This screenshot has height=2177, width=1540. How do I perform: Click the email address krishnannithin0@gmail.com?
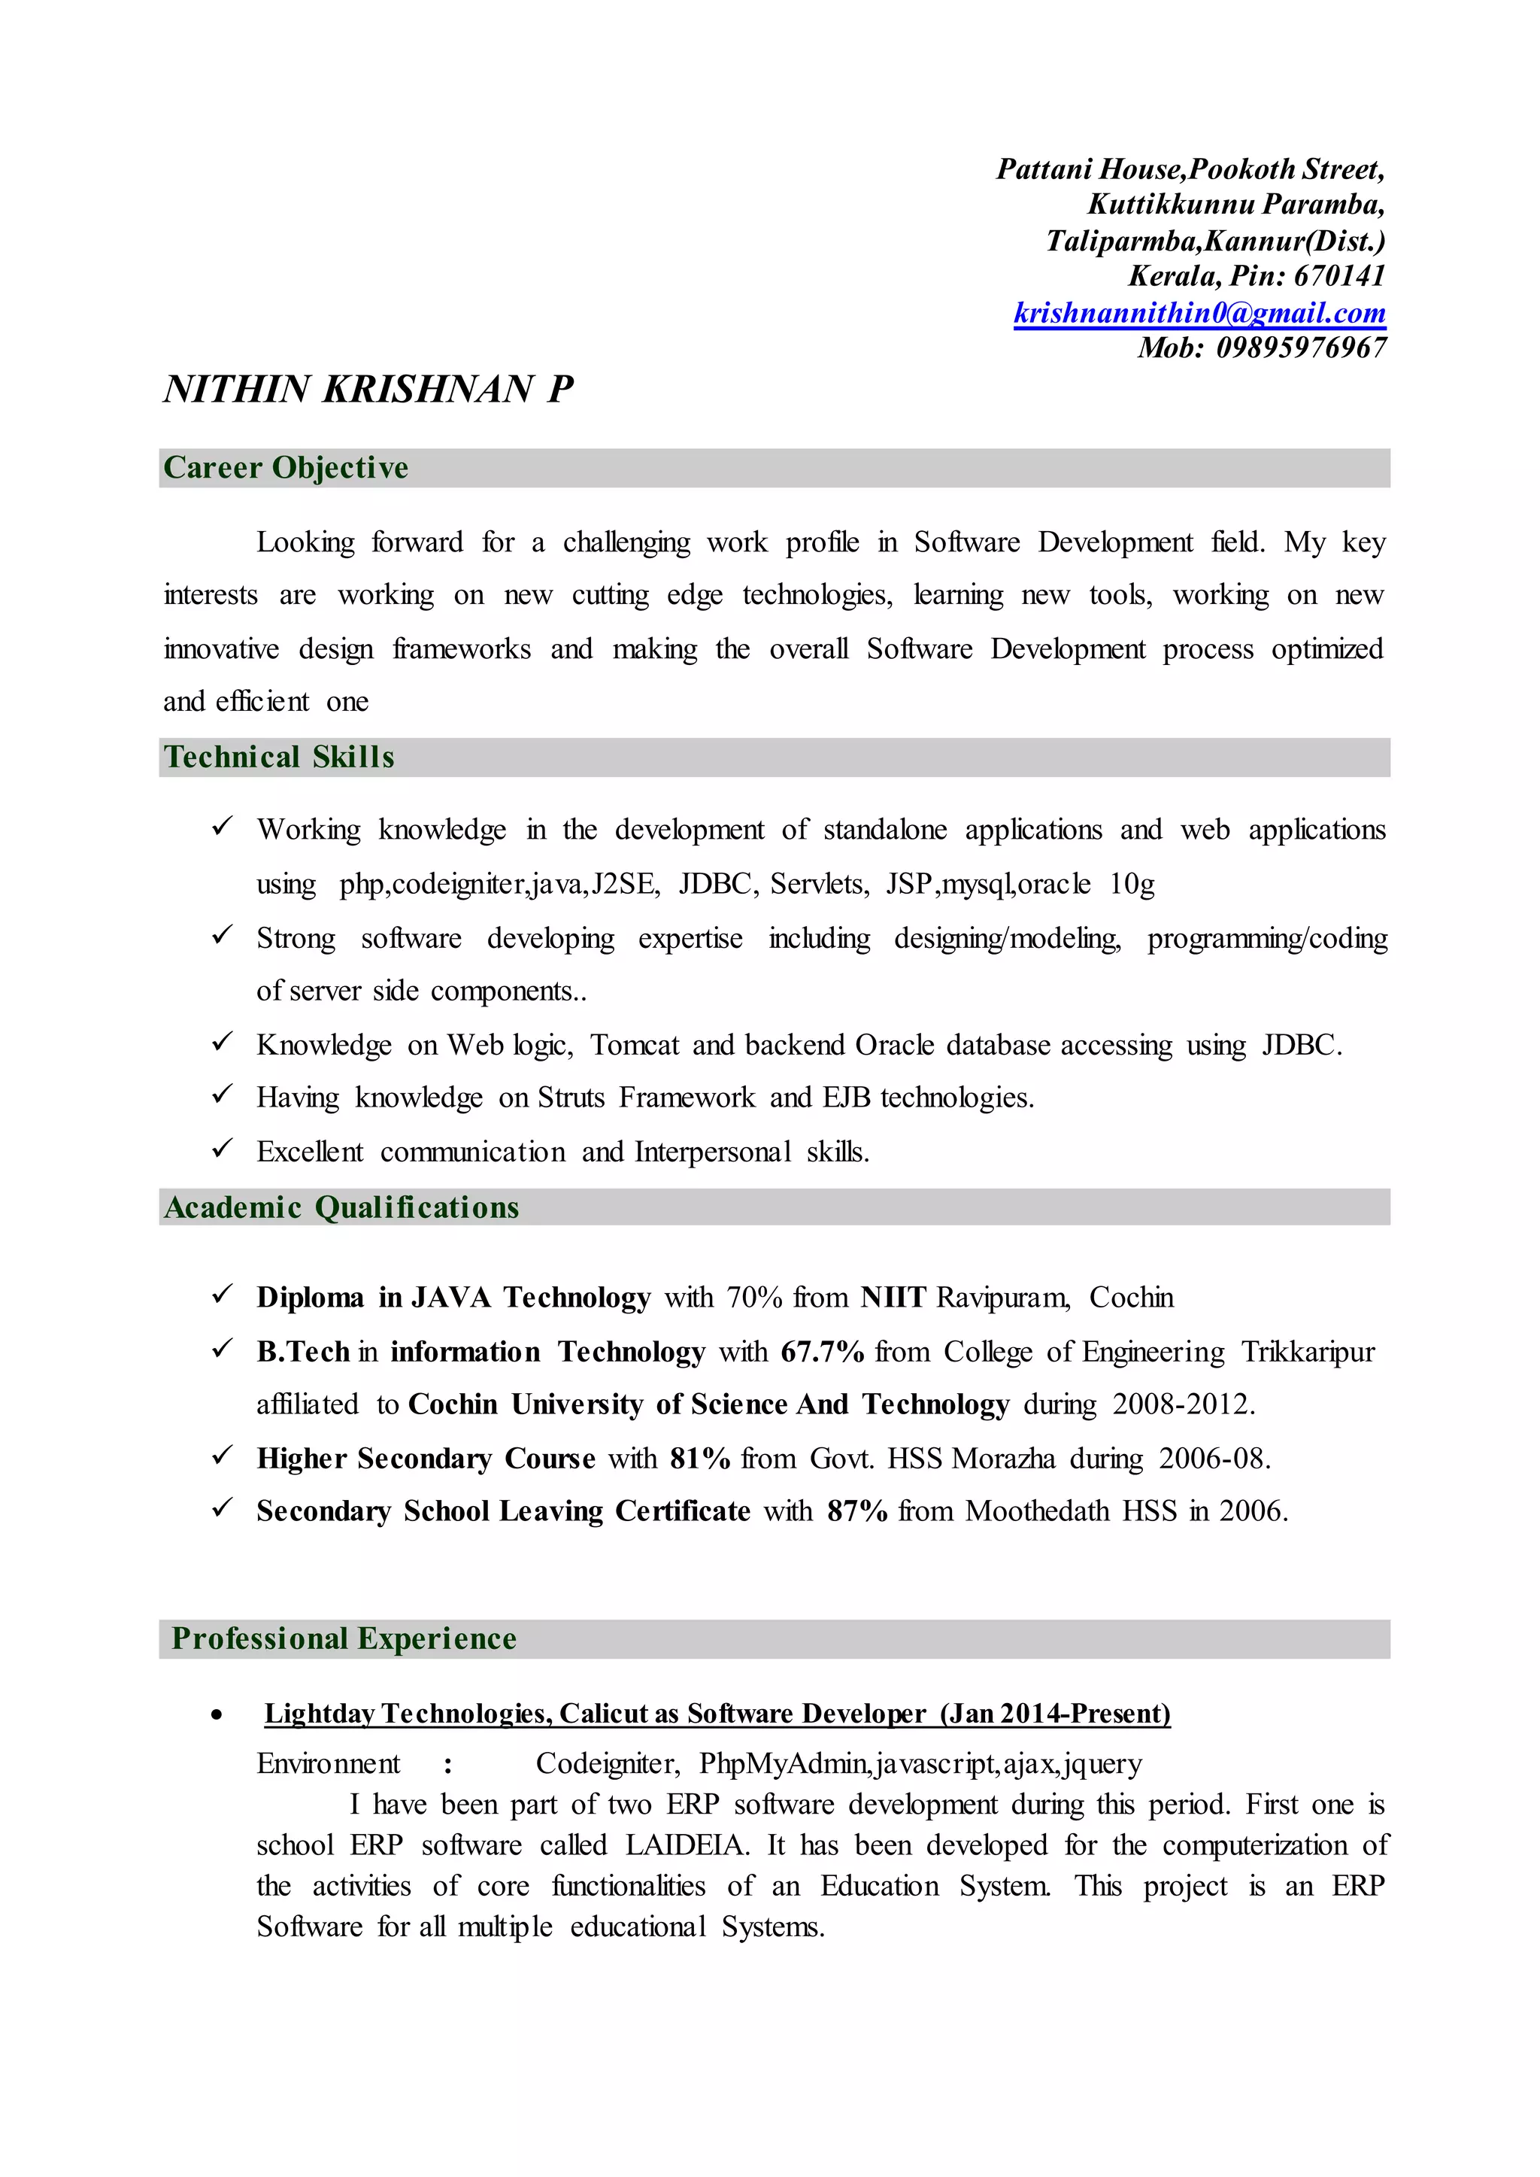click(x=1199, y=313)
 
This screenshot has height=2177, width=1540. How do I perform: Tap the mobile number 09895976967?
click(x=1301, y=348)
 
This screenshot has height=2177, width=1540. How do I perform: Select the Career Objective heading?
click(x=286, y=468)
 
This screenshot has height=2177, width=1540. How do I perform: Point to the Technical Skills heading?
click(x=279, y=757)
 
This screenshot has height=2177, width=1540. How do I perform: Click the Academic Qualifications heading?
click(x=341, y=1207)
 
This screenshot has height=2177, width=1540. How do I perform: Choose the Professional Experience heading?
click(x=344, y=1639)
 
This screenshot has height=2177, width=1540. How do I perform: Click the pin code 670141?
click(x=1339, y=276)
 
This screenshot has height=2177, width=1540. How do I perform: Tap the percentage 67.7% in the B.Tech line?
click(x=822, y=1352)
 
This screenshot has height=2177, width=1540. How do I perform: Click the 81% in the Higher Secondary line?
click(x=700, y=1458)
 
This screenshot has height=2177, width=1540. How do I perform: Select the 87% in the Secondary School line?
click(x=857, y=1511)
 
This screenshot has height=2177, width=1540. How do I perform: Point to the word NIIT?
click(x=893, y=1298)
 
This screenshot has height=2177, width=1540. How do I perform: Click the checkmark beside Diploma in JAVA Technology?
click(x=223, y=1294)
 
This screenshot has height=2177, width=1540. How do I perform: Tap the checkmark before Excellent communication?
click(x=223, y=1149)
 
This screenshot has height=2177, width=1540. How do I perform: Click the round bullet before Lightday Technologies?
click(x=218, y=1715)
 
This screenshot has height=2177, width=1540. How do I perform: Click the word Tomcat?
click(x=635, y=1046)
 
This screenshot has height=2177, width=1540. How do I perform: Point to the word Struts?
click(x=571, y=1098)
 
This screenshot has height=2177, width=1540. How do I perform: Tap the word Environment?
click(x=328, y=1763)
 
